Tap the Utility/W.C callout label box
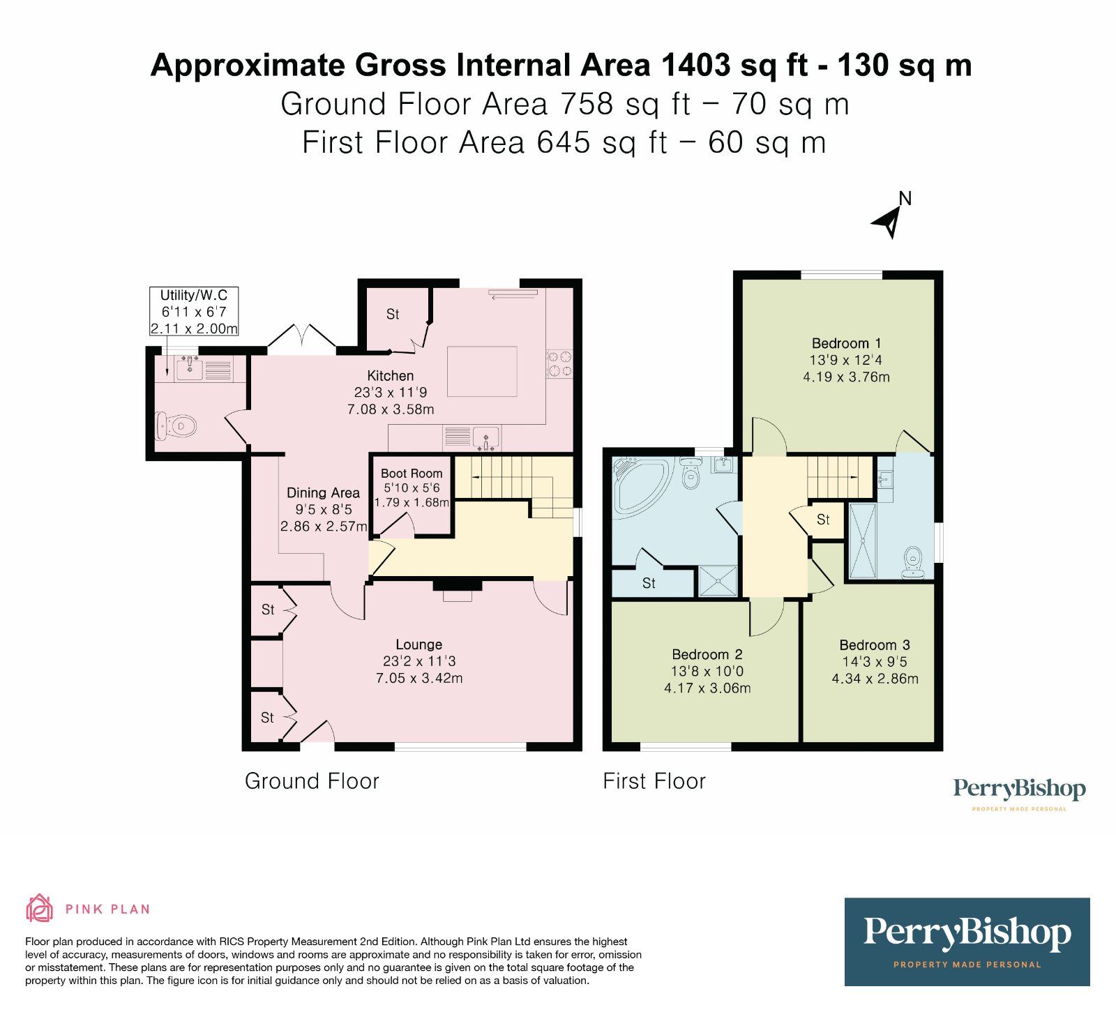[194, 312]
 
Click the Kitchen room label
[391, 376]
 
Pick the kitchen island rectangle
[482, 372]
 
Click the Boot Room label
[412, 474]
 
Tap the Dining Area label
[323, 493]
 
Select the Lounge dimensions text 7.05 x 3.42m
[419, 678]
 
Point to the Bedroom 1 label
[847, 343]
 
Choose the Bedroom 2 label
[707, 654]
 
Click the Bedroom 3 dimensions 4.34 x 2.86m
[875, 679]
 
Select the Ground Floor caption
[312, 781]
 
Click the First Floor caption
[654, 781]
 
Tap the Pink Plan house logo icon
[39, 909]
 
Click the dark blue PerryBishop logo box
[967, 942]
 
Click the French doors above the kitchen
[302, 336]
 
